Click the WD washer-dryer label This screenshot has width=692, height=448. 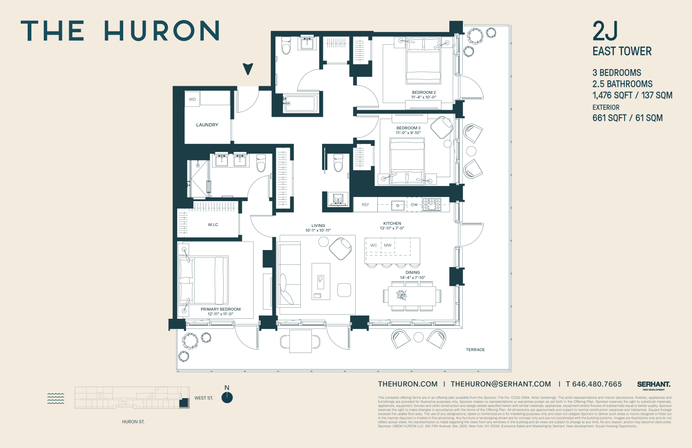tap(192, 99)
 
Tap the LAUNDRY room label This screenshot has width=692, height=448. tap(207, 125)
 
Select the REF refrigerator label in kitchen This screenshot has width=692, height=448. tap(365, 204)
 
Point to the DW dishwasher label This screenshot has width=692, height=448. tap(414, 204)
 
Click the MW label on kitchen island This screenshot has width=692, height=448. tap(388, 245)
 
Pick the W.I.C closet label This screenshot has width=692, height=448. tap(213, 225)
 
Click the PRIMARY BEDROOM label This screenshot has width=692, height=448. tap(221, 309)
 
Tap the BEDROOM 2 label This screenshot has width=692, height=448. tap(424, 92)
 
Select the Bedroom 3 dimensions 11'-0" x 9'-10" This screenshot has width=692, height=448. tap(408, 133)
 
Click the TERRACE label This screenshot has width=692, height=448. tap(475, 350)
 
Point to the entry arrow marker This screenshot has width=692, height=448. tap(248, 69)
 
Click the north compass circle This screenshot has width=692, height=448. tap(227, 398)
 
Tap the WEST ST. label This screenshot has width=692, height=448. tap(204, 398)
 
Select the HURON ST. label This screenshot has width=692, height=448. tap(133, 422)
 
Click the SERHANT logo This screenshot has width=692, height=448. tap(654, 384)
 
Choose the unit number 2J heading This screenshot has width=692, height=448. tap(605, 31)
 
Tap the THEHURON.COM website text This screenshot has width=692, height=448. tap(408, 384)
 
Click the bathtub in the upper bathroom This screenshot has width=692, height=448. tap(300, 103)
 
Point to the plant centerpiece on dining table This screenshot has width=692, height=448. tap(402, 295)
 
